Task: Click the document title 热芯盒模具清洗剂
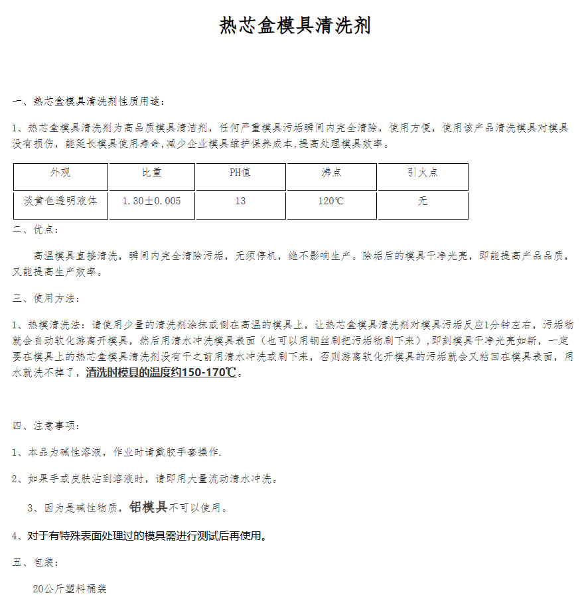point(295,26)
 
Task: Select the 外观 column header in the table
point(60,172)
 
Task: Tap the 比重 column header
point(151,172)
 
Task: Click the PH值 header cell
point(240,172)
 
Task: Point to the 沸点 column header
point(331,172)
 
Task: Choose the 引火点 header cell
point(422,172)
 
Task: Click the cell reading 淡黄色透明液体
point(60,200)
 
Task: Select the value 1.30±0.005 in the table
point(151,200)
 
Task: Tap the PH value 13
point(240,201)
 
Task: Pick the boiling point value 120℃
point(331,201)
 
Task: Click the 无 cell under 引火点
point(423,201)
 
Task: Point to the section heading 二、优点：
point(36,230)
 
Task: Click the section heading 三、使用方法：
point(46,298)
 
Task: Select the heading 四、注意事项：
point(46,426)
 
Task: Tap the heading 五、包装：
point(36,562)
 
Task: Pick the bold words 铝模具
point(148,507)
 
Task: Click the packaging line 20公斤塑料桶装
point(70,588)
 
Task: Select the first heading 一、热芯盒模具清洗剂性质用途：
point(88,101)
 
